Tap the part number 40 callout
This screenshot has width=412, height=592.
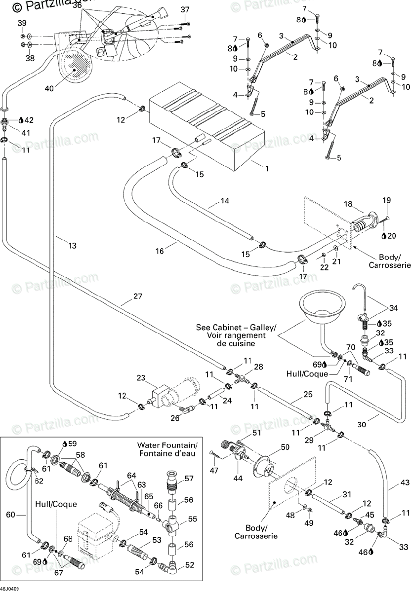coord(49,88)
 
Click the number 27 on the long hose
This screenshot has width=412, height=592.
coord(138,296)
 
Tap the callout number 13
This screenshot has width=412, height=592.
coord(72,246)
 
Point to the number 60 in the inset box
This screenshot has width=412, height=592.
coord(10,515)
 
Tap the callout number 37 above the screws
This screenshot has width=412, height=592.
coord(185,10)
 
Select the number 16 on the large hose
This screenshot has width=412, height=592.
coord(159,251)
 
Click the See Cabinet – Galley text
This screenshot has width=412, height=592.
coord(236,328)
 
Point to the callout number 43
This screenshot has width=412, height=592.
coord(405,482)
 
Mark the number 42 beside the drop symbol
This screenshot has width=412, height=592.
coord(29,120)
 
